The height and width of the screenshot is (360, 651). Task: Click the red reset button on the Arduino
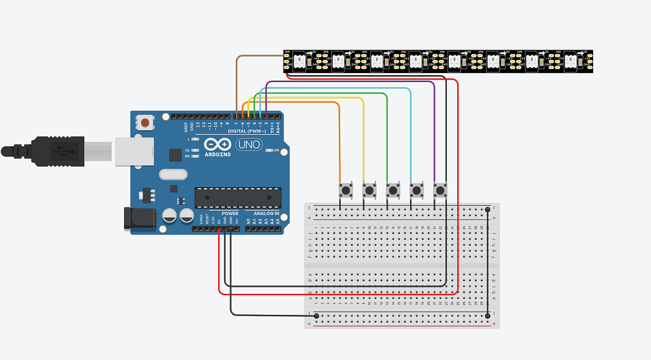point(146,121)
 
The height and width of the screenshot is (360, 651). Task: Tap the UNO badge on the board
point(249,145)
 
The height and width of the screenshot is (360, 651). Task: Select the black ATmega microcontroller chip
point(237,198)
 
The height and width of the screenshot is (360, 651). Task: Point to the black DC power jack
point(139,218)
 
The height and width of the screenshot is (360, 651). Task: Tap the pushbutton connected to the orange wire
point(346,190)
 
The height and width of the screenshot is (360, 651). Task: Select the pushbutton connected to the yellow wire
point(369,190)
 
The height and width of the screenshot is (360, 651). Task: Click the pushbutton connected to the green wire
point(393,190)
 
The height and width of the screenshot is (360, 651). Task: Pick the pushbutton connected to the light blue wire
point(416,190)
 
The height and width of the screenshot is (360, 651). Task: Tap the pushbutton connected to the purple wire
point(440,190)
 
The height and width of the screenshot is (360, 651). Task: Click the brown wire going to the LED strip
point(254,57)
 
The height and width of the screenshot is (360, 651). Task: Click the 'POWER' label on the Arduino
point(230,213)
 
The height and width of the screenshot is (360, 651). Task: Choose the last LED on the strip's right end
point(571,61)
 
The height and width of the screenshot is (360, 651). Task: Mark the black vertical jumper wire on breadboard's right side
point(488,261)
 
